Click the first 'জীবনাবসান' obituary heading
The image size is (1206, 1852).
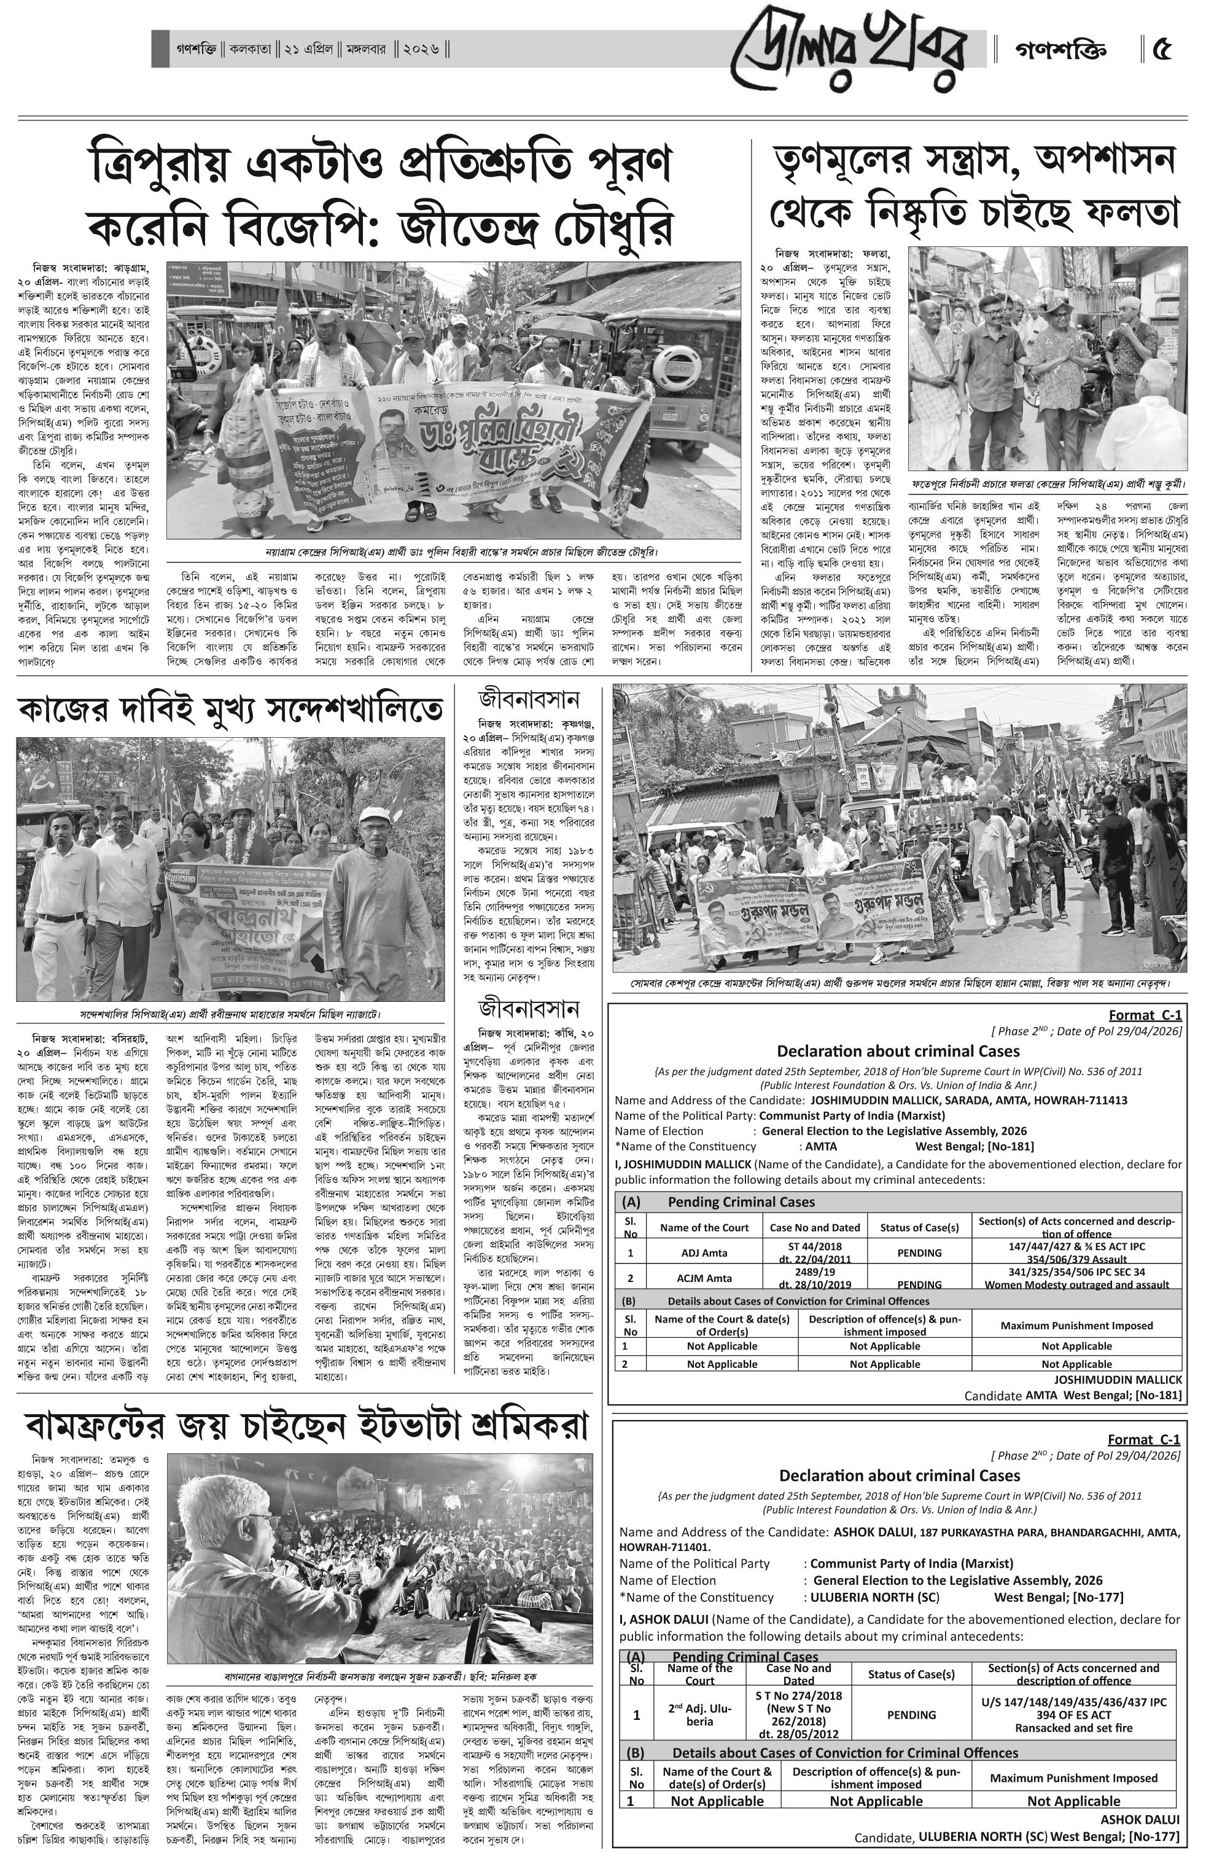click(x=529, y=699)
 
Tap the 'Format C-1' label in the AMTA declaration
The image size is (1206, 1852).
click(x=1145, y=1015)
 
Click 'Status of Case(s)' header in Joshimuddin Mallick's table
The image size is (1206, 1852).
click(x=919, y=1227)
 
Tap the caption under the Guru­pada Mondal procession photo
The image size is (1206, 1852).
click(x=900, y=983)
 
